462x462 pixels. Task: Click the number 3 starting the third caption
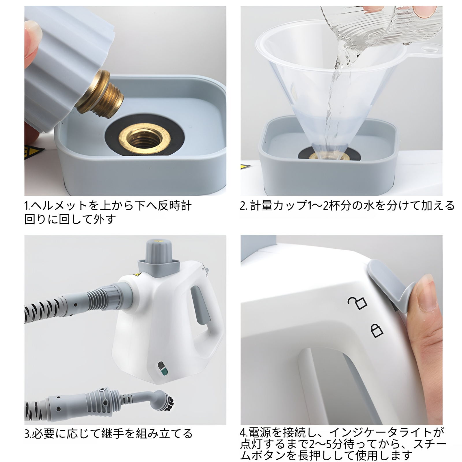[26, 434]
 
